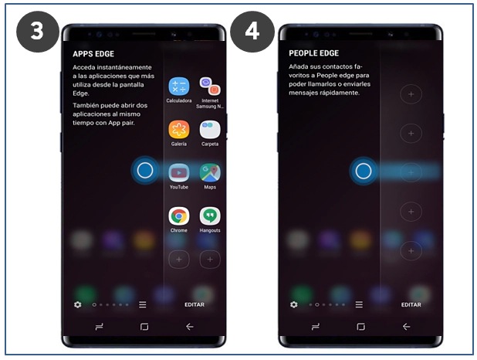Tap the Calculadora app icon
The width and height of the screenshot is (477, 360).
click(x=179, y=87)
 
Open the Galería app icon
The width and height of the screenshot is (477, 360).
click(x=179, y=130)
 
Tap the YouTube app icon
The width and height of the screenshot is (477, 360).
click(x=179, y=173)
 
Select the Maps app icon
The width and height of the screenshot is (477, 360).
click(x=210, y=173)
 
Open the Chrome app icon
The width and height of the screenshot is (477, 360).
click(x=179, y=216)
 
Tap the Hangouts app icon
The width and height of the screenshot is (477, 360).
click(x=210, y=216)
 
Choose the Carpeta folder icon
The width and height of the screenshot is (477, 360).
click(x=210, y=130)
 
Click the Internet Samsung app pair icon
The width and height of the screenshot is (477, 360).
click(x=210, y=87)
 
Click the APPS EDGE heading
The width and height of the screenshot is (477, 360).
click(x=93, y=54)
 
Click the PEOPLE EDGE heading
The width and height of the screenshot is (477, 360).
click(x=313, y=53)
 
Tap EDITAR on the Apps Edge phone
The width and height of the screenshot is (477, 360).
click(x=195, y=304)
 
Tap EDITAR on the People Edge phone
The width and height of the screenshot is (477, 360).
click(x=411, y=304)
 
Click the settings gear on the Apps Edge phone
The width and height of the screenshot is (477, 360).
click(x=78, y=304)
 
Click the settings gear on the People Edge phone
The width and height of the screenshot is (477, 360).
click(x=294, y=304)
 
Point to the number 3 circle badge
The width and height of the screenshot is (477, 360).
click(x=37, y=32)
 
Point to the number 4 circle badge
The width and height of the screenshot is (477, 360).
click(x=252, y=32)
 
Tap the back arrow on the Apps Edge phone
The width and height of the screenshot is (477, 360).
click(x=190, y=327)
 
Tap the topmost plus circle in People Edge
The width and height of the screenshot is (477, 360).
click(x=411, y=94)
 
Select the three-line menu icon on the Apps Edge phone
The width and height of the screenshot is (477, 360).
click(x=142, y=304)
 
